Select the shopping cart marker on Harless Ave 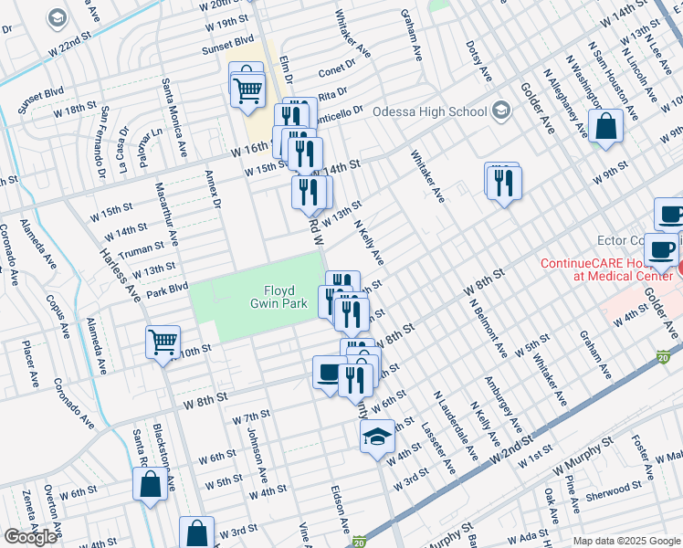click(x=163, y=343)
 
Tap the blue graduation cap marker click(x=377, y=439)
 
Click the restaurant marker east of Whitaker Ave click(x=503, y=183)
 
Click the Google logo click(x=30, y=537)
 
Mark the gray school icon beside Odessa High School click(x=499, y=111)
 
